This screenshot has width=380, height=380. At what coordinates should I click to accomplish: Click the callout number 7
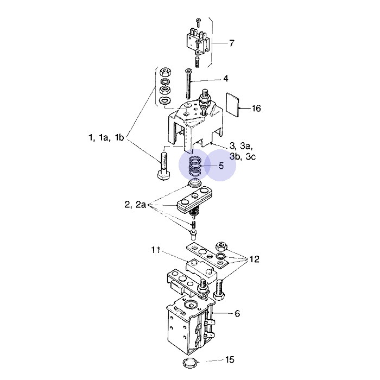[x=232, y=43]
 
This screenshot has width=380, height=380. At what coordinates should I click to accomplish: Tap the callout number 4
[x=226, y=79]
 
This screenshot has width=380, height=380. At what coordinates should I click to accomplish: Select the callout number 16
[x=256, y=109]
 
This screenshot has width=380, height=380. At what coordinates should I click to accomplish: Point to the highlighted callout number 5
[x=221, y=166]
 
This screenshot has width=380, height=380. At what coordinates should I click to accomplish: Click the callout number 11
[x=156, y=250]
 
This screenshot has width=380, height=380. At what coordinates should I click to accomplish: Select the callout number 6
[x=237, y=313]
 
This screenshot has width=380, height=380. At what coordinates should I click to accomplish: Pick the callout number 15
[x=230, y=360]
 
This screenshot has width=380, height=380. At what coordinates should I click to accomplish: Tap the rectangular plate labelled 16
[x=232, y=105]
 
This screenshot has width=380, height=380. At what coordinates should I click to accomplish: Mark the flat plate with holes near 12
[x=207, y=255]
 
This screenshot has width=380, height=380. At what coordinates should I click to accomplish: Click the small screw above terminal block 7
[x=198, y=22]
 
